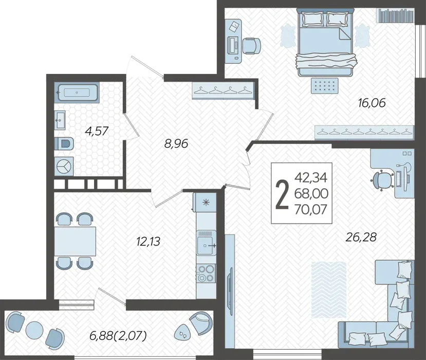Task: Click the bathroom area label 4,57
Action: coord(97,131)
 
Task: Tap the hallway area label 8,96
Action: coord(176,143)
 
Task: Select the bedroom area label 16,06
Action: coord(372,103)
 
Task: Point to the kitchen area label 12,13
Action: coord(149,241)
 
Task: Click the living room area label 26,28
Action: coord(361,237)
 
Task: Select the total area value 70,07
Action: coord(311,209)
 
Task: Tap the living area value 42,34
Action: coord(311,177)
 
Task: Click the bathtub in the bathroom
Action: coord(77,93)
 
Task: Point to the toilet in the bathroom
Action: coord(64,143)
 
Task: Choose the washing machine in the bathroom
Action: coord(64,166)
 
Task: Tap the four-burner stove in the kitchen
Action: coord(206,274)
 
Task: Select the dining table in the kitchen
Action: coord(75,241)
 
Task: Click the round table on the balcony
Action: coord(34,330)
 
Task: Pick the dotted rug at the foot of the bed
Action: coord(325,86)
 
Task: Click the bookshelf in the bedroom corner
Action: coord(396,15)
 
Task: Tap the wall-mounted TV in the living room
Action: coord(230,287)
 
